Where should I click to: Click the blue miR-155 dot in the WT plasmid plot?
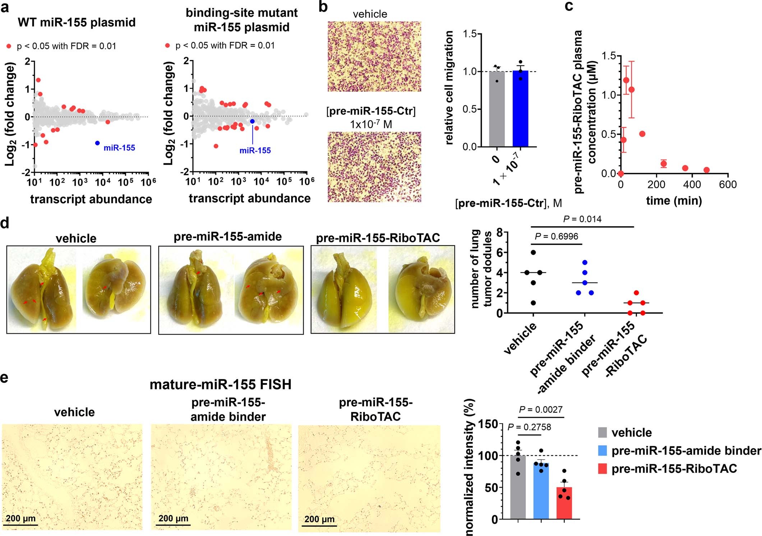coord(97,143)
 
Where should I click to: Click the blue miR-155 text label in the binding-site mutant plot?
coord(255,151)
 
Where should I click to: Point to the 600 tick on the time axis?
coord(728,185)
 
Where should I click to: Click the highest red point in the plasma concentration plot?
coord(626,80)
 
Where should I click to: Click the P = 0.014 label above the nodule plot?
coord(582,219)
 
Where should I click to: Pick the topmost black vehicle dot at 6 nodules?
coord(533,253)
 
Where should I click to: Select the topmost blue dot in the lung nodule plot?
coord(585,263)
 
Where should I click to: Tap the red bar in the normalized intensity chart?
coord(564,503)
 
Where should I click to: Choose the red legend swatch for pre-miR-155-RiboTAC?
coord(602,469)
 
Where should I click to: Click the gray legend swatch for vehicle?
coord(602,432)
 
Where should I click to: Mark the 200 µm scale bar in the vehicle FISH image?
coord(21,525)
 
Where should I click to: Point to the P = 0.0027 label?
coord(541,410)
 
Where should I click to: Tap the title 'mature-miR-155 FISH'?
coord(220,385)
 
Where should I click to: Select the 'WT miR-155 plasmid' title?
coord(77,23)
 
